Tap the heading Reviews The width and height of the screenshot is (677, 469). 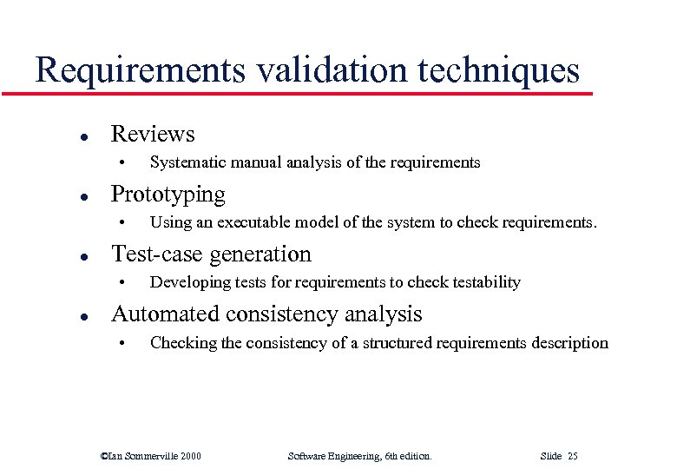(153, 134)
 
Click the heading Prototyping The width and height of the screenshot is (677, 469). (168, 195)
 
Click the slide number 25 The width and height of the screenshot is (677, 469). (573, 455)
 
